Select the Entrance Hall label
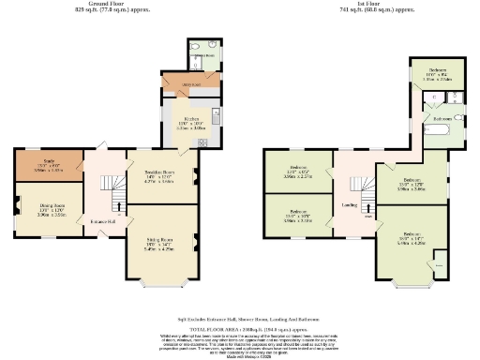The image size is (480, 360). pyautogui.click(x=102, y=220)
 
